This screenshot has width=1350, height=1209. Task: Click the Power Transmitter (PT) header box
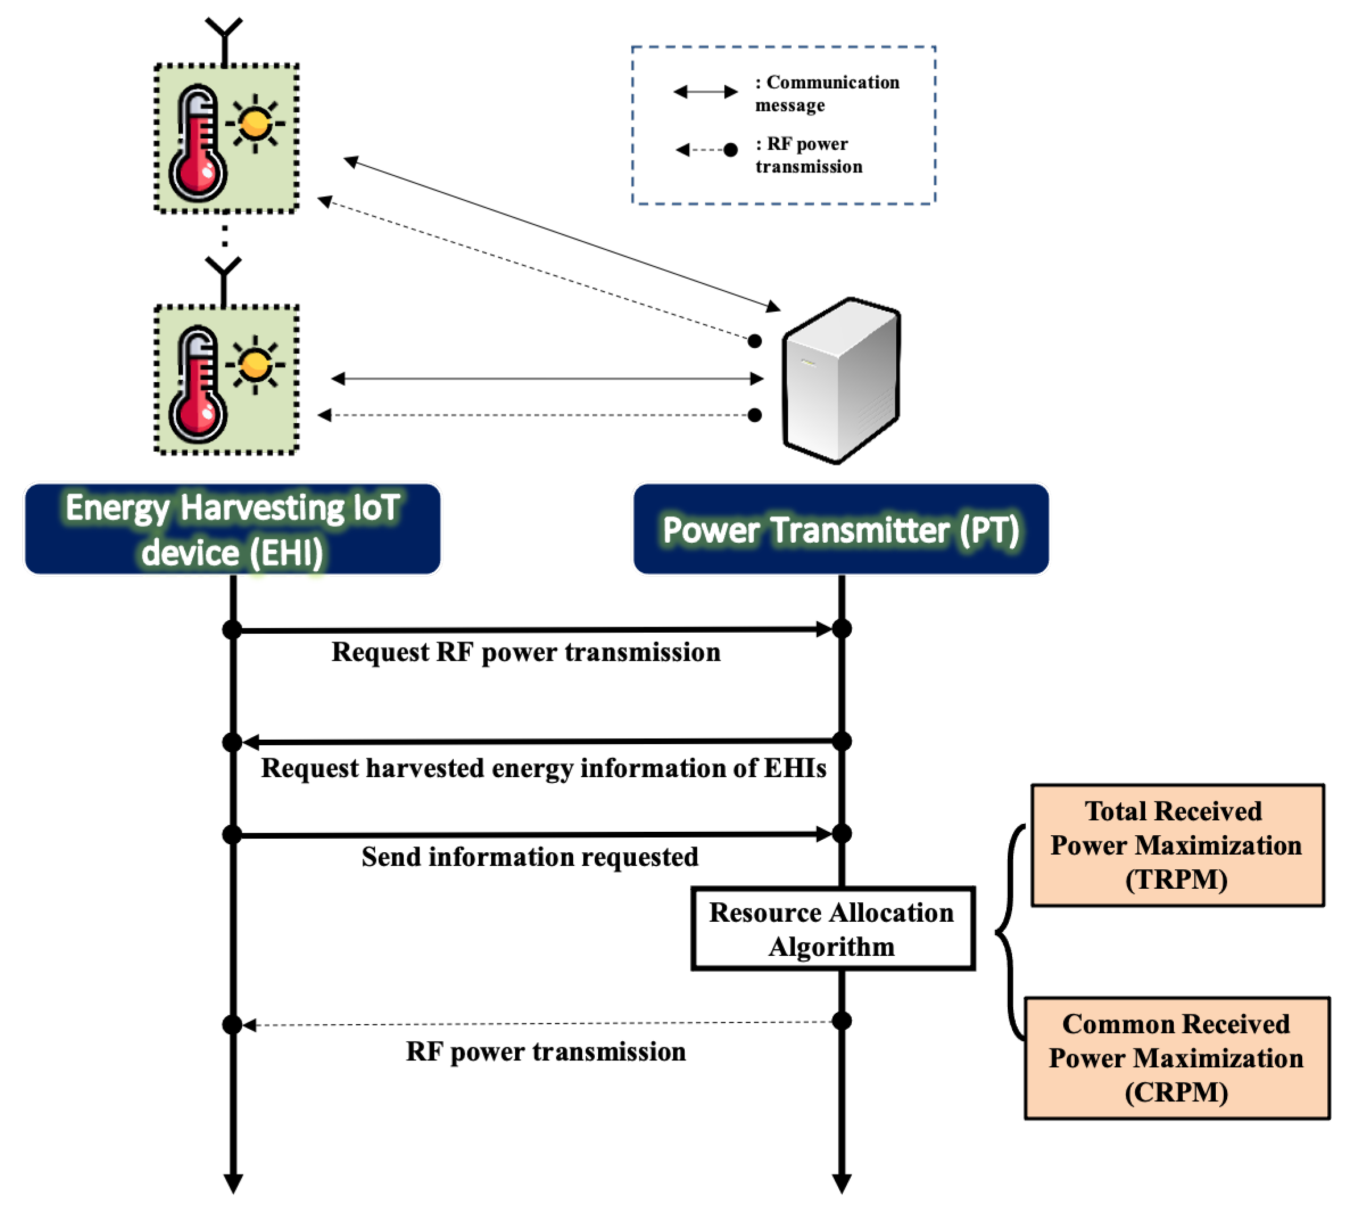840,529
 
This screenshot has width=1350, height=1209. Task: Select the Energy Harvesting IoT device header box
233,529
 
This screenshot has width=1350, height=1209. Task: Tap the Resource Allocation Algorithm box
832,928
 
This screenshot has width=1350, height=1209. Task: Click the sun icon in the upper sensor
255,123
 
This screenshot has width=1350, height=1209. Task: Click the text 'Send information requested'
529,856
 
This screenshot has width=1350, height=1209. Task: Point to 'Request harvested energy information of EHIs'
543,768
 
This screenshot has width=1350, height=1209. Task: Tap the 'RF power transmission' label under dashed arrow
545,1051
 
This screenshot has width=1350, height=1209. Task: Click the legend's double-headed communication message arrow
705,92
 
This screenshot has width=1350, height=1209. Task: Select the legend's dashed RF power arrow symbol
706,150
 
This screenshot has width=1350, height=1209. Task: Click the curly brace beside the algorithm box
1009,932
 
